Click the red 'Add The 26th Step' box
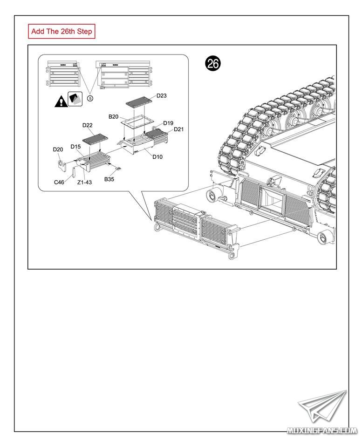62,32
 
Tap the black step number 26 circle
213,64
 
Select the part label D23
162,95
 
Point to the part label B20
114,116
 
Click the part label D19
168,123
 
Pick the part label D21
179,129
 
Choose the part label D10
157,157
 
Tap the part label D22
88,125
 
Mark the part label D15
76,146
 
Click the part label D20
58,149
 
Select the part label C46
59,182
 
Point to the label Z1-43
84,182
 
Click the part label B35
109,179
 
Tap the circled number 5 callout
90,98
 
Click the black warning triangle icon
61,101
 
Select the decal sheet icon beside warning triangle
75,99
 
